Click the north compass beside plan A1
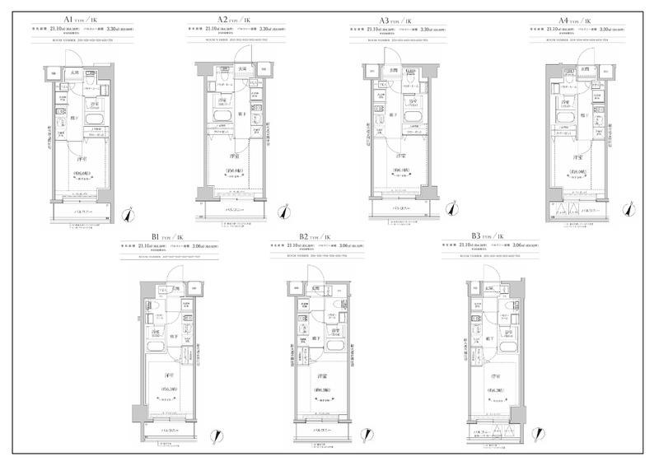(127, 216)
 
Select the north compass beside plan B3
(540, 436)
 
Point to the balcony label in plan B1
(169, 430)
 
